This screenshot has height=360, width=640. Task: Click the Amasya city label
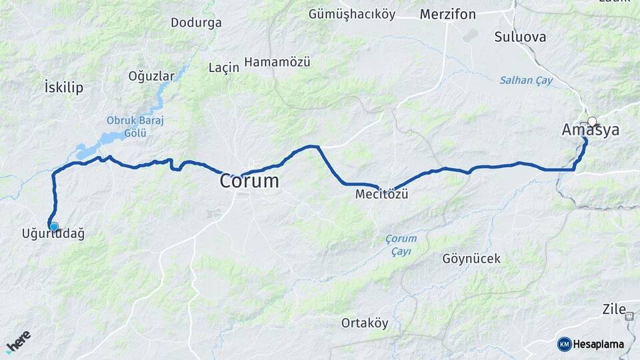591,131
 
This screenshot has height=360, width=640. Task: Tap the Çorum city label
250,181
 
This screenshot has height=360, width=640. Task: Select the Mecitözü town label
381,195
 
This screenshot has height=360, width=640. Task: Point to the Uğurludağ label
53,234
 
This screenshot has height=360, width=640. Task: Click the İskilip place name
63,87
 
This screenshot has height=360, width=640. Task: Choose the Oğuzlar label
151,76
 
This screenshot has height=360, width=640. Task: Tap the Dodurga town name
196,23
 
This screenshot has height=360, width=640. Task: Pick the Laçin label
224,68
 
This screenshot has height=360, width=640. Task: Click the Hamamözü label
277,62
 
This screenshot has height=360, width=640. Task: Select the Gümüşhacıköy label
352,14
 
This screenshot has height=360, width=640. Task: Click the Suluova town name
520,37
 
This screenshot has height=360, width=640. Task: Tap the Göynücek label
471,259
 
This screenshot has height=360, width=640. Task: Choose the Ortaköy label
365,323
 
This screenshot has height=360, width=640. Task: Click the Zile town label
614,309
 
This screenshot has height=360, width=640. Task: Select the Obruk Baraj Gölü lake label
135,127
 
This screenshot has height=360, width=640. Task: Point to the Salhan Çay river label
526,80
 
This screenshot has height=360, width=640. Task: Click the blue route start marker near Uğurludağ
53,227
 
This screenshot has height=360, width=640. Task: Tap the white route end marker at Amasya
592,122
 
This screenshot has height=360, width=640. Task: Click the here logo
18,341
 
